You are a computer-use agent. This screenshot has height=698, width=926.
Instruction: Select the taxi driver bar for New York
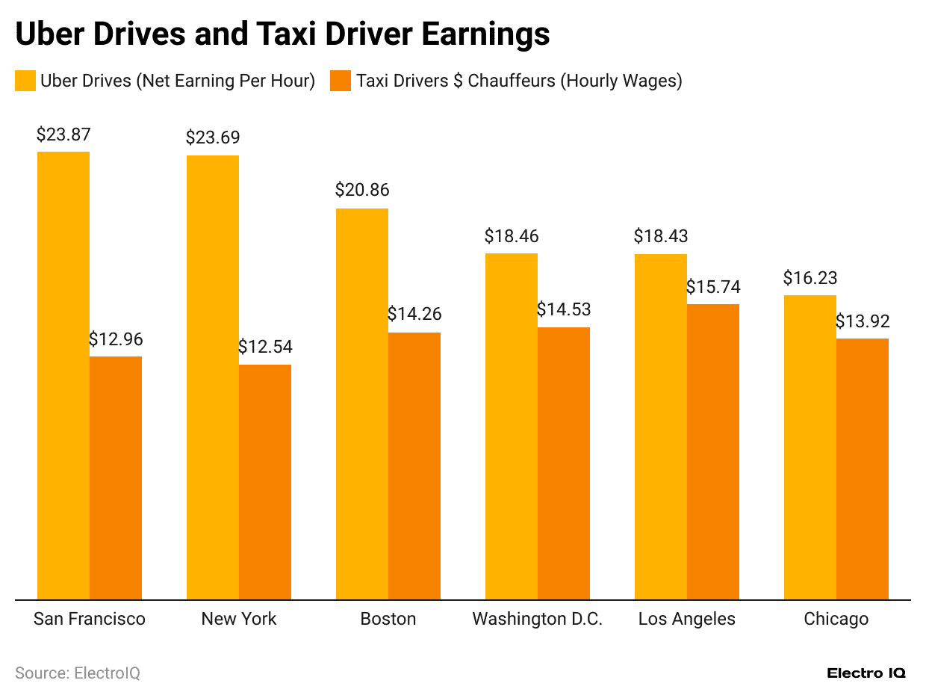click(265, 482)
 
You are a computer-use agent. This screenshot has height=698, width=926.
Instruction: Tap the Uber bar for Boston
click(362, 404)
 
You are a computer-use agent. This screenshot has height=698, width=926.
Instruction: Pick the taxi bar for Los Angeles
click(713, 451)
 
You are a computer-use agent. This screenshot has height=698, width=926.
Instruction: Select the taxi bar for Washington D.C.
click(564, 463)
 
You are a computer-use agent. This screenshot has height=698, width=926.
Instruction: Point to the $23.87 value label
click(63, 135)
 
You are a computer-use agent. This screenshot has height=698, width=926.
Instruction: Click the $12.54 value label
click(265, 347)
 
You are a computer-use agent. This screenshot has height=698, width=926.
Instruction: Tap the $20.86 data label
click(362, 191)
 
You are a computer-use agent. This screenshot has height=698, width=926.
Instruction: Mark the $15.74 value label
click(713, 287)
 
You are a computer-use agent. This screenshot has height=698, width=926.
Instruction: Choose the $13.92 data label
click(863, 321)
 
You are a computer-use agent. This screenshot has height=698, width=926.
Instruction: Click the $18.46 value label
click(512, 236)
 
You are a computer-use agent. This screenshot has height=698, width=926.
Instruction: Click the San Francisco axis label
click(90, 619)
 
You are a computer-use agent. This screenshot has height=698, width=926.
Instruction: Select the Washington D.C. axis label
click(538, 619)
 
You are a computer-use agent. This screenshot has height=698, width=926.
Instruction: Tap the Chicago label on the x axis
click(836, 619)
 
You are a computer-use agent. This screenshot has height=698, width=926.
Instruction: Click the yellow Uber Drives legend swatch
click(25, 81)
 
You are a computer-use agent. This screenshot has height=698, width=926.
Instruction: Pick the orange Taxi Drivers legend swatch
click(341, 81)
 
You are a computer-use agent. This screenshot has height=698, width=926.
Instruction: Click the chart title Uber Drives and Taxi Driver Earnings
click(282, 34)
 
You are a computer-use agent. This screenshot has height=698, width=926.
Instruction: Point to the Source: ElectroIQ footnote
click(78, 673)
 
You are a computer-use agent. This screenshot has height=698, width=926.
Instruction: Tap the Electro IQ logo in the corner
click(866, 673)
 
